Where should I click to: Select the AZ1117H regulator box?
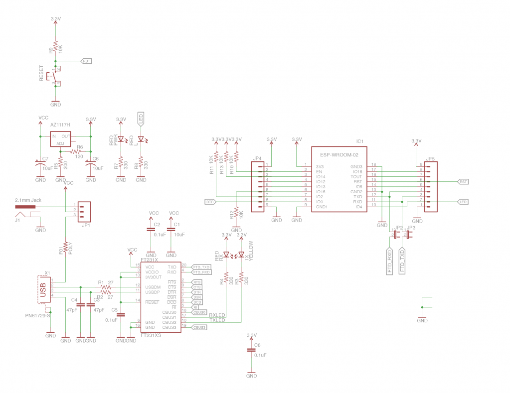(60, 139)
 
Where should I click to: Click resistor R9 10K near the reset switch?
(55, 47)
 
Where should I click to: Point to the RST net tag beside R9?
(86, 61)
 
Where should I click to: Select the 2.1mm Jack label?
(28, 200)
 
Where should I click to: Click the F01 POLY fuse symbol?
(65, 248)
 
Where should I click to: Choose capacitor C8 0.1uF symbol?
(251, 351)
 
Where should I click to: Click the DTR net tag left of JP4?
(210, 202)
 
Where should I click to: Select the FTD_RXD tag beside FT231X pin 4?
(201, 272)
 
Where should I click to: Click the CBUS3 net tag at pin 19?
(199, 327)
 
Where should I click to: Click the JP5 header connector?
(430, 185)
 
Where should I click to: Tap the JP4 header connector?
(258, 185)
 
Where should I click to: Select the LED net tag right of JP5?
(463, 202)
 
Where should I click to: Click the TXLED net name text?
(217, 320)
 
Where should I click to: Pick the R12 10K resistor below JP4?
(236, 213)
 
